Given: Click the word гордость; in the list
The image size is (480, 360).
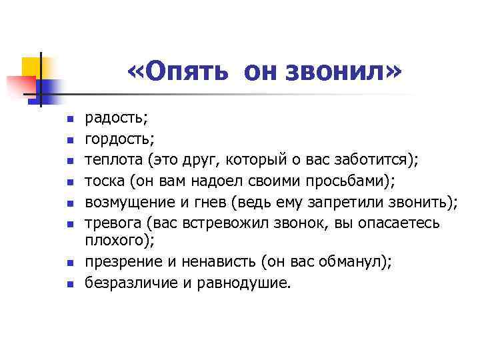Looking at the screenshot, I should pyautogui.click(x=109, y=139).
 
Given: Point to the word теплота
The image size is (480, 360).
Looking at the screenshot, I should pyautogui.click(x=113, y=160).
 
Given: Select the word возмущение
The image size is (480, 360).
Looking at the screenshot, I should pyautogui.click(x=127, y=201).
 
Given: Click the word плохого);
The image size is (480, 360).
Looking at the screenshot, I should pyautogui.click(x=113, y=239).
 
